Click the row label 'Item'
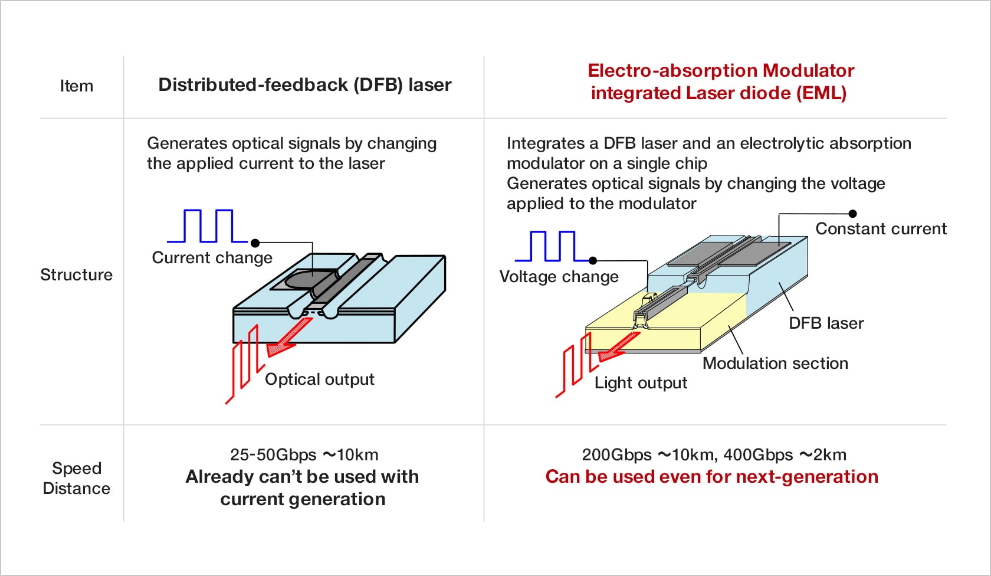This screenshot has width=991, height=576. tap(77, 86)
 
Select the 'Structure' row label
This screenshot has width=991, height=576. tap(76, 275)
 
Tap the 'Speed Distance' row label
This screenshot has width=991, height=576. tap(77, 478)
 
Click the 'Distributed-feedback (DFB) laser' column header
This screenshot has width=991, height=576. tap(304, 85)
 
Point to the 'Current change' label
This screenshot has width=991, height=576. tap(212, 258)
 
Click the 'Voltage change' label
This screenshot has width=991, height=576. tap(559, 277)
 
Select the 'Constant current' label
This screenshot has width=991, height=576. tap(881, 229)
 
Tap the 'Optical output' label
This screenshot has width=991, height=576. tap(319, 379)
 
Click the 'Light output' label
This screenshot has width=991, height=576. tap(641, 383)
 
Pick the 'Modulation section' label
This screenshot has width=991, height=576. tap(775, 364)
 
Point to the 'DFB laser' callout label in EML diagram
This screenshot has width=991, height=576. tap(826, 323)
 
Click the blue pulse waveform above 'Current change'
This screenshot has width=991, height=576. tap(208, 227)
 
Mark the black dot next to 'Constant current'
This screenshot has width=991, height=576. tap(852, 214)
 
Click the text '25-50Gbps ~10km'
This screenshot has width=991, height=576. tap(304, 455)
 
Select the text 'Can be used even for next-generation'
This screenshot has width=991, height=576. tap(711, 477)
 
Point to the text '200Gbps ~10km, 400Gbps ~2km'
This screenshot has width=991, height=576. tap(714, 455)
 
